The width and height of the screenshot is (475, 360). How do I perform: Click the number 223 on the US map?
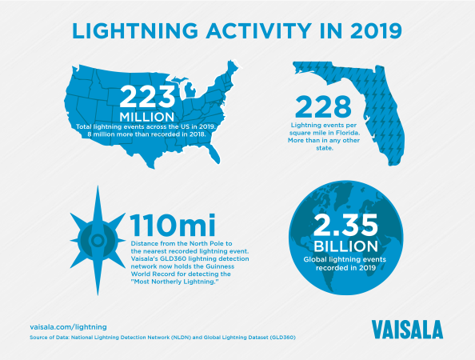tap(147, 96)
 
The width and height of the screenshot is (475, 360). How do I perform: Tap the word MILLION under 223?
tap(147, 117)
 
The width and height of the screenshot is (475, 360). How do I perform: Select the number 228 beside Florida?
tap(323, 106)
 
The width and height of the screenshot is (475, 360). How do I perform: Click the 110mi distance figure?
tap(173, 225)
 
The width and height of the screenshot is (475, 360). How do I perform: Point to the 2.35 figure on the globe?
tap(345, 225)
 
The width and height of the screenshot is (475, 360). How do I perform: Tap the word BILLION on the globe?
tap(346, 246)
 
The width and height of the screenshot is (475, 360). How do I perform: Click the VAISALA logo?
tap(408, 330)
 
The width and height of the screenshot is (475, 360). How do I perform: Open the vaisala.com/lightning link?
tap(68, 327)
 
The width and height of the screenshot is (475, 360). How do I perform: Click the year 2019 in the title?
tap(376, 30)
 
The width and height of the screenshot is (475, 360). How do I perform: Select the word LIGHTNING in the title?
tap(135, 30)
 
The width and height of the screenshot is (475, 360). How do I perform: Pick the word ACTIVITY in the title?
tap(259, 30)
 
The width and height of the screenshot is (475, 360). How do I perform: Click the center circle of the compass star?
tap(98, 241)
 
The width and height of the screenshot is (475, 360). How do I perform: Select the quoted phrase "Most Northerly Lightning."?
tap(175, 282)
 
